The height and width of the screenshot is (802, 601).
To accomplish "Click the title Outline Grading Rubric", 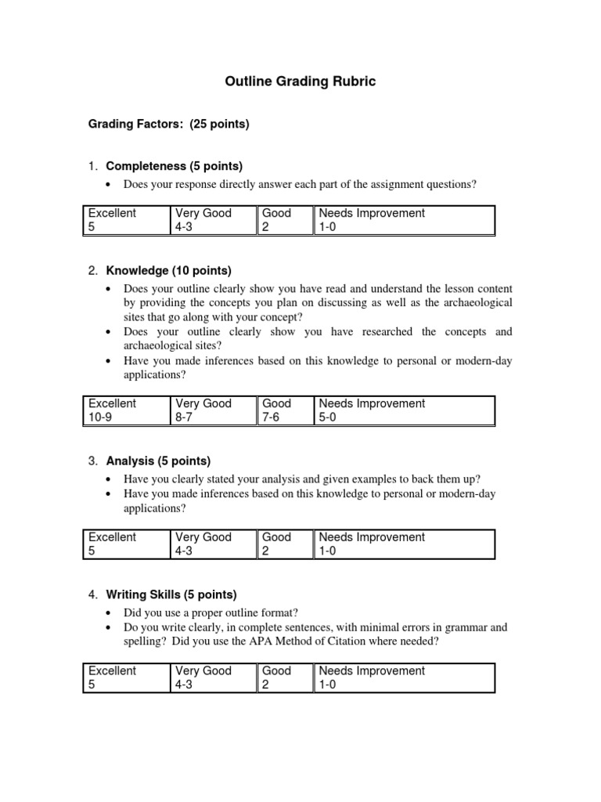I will (x=300, y=81).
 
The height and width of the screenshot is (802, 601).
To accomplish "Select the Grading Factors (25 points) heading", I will (x=168, y=125).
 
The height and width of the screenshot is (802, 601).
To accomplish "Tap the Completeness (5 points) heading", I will (x=174, y=166).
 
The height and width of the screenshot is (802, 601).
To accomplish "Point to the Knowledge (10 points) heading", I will (x=168, y=270).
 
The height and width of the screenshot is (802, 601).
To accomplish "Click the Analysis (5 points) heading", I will (x=158, y=461).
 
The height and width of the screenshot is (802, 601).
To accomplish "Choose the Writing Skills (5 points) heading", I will (x=171, y=594).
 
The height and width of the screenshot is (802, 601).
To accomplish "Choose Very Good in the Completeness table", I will (x=203, y=213).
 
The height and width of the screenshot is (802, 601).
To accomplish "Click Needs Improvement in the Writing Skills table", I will (x=372, y=670).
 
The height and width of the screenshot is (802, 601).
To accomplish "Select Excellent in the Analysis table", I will (x=112, y=537).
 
